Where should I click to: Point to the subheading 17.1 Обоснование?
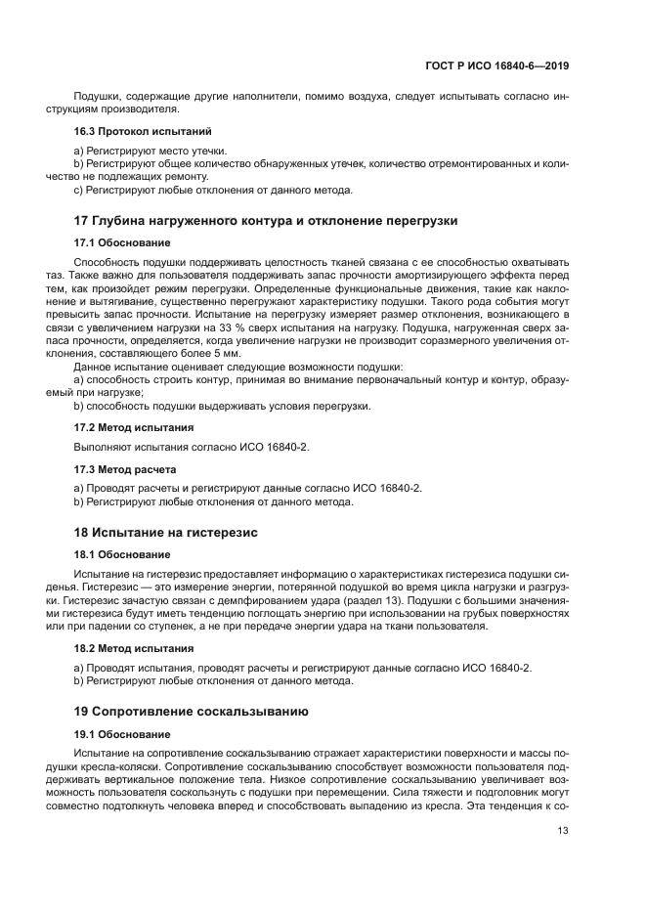pos(122,241)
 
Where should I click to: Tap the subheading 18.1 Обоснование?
pos(122,552)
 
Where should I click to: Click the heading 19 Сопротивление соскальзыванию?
pos(192,711)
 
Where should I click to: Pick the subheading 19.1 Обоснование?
pos(122,732)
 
